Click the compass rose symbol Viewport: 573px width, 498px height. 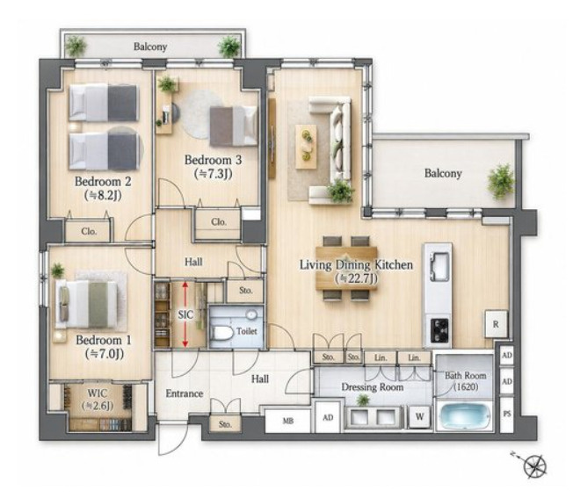534,466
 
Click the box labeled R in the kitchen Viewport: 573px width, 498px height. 496,324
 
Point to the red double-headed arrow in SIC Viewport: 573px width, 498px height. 185,314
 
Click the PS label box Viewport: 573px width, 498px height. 506,415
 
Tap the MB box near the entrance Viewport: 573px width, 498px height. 288,421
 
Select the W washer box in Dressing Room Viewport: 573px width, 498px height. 419,416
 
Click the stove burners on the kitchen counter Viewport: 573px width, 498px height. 439,330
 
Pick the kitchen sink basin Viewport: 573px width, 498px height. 439,266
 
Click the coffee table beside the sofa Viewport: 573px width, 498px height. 306,147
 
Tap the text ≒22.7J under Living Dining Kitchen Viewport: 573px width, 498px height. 356,278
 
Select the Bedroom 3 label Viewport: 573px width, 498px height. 213,160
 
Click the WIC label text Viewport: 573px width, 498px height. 98,393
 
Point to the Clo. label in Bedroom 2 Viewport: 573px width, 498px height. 89,231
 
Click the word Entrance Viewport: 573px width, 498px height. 185,393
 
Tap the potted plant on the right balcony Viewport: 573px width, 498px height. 501,181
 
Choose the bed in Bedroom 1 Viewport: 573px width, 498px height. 88,304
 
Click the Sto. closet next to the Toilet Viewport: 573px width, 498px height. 245,291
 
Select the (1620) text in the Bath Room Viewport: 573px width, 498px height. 466,386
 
